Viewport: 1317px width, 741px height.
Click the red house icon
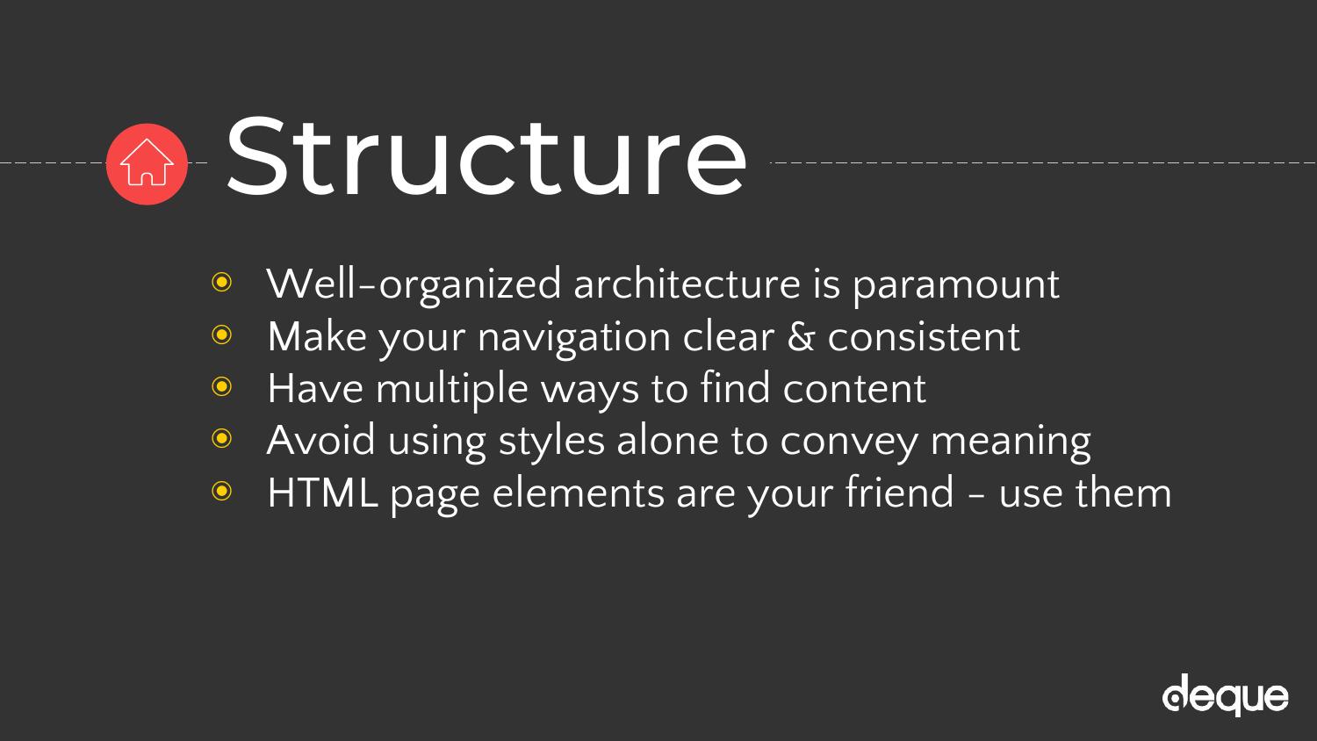[x=147, y=164]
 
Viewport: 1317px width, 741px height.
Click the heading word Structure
[x=486, y=156]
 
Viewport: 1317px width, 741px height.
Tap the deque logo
[x=1226, y=695]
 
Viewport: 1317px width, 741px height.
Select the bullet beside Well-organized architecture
[x=221, y=283]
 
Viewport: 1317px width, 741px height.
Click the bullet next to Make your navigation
[x=221, y=335]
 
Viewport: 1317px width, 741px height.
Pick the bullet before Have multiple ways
[x=221, y=386]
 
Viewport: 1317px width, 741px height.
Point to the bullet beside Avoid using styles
[x=221, y=438]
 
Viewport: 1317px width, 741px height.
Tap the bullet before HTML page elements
[x=221, y=491]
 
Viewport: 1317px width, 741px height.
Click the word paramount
[x=956, y=286]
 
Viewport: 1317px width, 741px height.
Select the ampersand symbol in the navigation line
[x=800, y=336]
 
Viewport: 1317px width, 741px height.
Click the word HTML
[x=322, y=493]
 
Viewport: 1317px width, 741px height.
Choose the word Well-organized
[x=414, y=285]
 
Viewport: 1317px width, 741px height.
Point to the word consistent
[x=924, y=337]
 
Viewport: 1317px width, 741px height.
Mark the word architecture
[x=687, y=284]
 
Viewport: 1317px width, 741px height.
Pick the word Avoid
[x=320, y=440]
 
